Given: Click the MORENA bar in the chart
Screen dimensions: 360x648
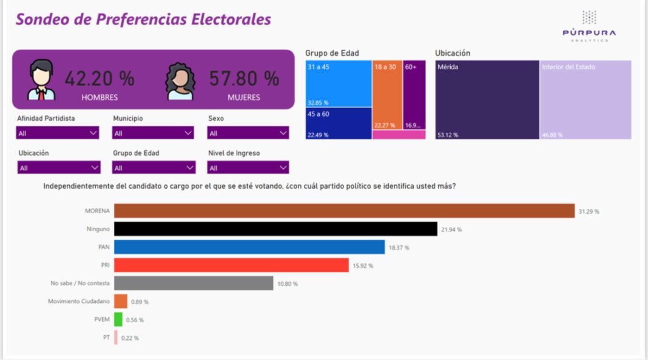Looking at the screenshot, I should click(x=344, y=211).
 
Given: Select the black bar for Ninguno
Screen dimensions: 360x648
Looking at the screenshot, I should click(x=275, y=229).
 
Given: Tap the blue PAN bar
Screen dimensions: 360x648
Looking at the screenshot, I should click(x=249, y=247).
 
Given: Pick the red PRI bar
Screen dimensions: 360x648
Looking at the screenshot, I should click(x=231, y=265).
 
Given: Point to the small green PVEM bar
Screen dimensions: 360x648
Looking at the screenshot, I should click(x=118, y=319).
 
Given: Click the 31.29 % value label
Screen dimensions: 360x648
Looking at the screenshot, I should click(x=589, y=211).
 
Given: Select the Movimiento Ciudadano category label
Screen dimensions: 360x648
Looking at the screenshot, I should click(x=79, y=302).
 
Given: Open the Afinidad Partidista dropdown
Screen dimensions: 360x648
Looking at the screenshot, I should click(x=58, y=132).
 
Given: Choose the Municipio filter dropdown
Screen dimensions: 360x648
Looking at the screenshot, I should click(x=154, y=132).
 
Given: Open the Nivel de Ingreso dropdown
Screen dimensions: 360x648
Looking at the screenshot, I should click(x=248, y=168).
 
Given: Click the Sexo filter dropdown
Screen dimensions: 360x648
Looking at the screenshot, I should click(x=248, y=132).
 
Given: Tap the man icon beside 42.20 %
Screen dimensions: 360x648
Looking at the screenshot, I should click(x=41, y=80).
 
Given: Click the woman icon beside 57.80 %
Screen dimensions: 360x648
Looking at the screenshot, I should click(x=180, y=81).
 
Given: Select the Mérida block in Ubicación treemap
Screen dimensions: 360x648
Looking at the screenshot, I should click(x=487, y=100).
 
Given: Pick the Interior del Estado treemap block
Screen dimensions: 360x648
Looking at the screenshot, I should click(x=586, y=100).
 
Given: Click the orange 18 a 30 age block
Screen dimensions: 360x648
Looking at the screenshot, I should click(x=386, y=95).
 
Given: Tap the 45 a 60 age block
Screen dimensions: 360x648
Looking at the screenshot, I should click(x=339, y=123).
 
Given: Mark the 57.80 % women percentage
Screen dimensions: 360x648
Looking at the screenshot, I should click(x=244, y=78).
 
